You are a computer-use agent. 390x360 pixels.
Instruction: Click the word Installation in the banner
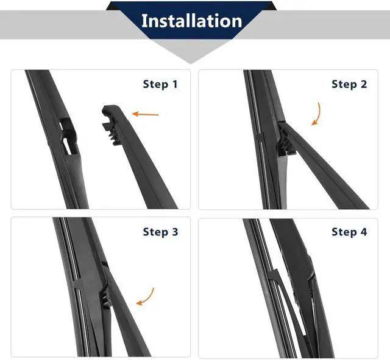pos(191,21)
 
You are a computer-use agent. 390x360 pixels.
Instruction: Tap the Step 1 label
pos(160,85)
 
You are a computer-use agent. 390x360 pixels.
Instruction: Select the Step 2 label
pos(349,85)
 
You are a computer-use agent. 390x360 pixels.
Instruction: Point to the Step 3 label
pos(160,232)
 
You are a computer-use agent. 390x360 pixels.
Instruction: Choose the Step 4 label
pos(349,232)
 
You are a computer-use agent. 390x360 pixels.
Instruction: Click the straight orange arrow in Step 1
pos(145,114)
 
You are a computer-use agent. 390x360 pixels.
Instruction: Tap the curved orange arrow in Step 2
pos(317,114)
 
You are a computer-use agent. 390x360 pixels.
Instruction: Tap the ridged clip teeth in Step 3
pos(105,299)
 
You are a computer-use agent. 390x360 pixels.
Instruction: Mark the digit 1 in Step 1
pos(175,85)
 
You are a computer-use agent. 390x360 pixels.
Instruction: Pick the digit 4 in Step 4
pos(364,232)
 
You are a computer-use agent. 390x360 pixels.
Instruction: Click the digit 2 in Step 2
pos(364,85)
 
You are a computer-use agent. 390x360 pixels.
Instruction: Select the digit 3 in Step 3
pos(175,232)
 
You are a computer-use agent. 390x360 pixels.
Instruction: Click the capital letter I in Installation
pos(144,21)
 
